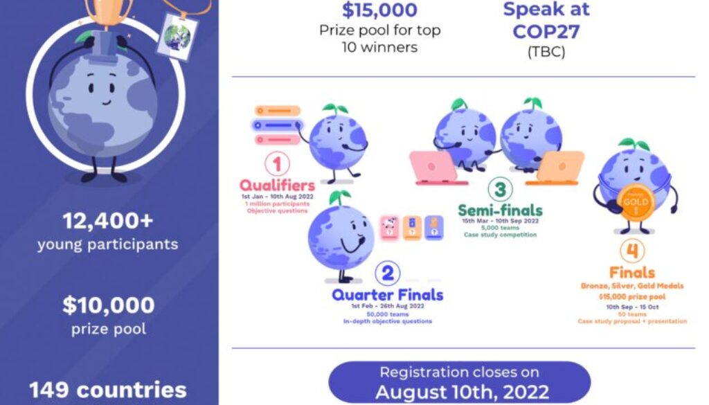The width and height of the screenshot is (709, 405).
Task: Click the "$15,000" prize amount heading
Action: click(380, 10)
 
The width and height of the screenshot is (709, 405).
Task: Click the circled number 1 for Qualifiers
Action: click(277, 165)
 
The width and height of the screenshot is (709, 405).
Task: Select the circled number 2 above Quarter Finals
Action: click(387, 273)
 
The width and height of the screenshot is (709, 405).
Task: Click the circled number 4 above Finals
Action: click(632, 251)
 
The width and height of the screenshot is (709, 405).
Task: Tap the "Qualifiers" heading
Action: click(277, 185)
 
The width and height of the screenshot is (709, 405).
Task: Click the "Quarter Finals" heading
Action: click(387, 295)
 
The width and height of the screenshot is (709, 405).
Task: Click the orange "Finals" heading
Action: click(632, 271)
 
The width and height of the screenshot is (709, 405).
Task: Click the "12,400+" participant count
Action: click(108, 222)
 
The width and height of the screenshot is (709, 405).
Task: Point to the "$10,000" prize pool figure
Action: click(108, 305)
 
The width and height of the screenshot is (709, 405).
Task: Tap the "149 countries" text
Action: click(108, 389)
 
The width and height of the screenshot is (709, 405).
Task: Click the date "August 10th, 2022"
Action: click(462, 392)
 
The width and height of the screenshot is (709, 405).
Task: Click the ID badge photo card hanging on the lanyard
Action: click(177, 35)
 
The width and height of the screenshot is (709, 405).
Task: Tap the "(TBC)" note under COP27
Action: click(546, 52)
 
